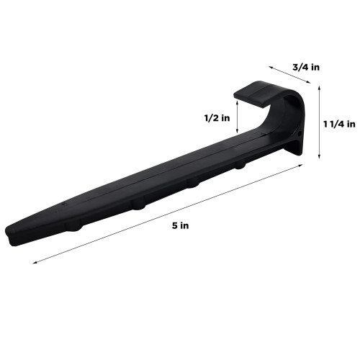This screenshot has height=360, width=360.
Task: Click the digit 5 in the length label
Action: (x=176, y=225)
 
